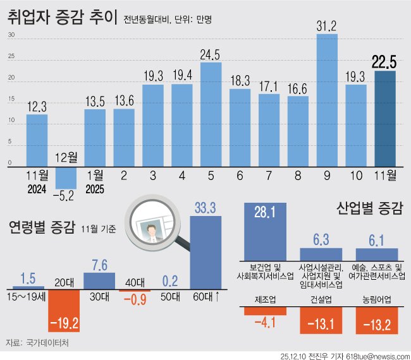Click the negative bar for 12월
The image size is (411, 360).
point(66,177)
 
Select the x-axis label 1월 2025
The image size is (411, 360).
point(95,183)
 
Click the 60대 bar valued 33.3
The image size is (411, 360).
point(206,253)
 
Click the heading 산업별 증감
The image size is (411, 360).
point(369,208)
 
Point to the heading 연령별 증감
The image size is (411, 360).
point(42,227)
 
